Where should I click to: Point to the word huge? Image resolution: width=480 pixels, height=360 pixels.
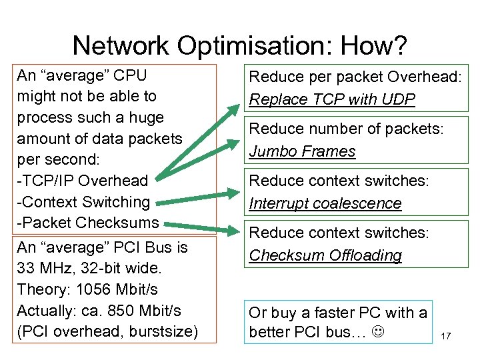click(145, 117)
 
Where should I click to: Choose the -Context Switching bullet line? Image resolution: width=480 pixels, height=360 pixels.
click(83, 202)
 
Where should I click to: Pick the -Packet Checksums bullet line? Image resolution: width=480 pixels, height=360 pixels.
click(87, 223)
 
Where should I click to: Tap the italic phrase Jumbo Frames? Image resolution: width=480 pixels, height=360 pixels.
click(302, 151)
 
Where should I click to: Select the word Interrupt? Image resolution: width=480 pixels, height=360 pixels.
click(279, 203)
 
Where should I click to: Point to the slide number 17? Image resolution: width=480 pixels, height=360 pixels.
click(446, 336)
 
